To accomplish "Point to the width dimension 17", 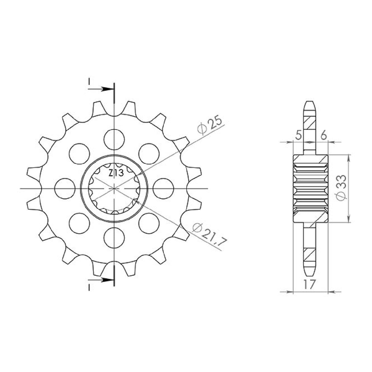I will (310, 285).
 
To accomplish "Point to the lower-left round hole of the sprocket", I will (79, 223).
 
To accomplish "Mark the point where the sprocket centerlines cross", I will (114, 188).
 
